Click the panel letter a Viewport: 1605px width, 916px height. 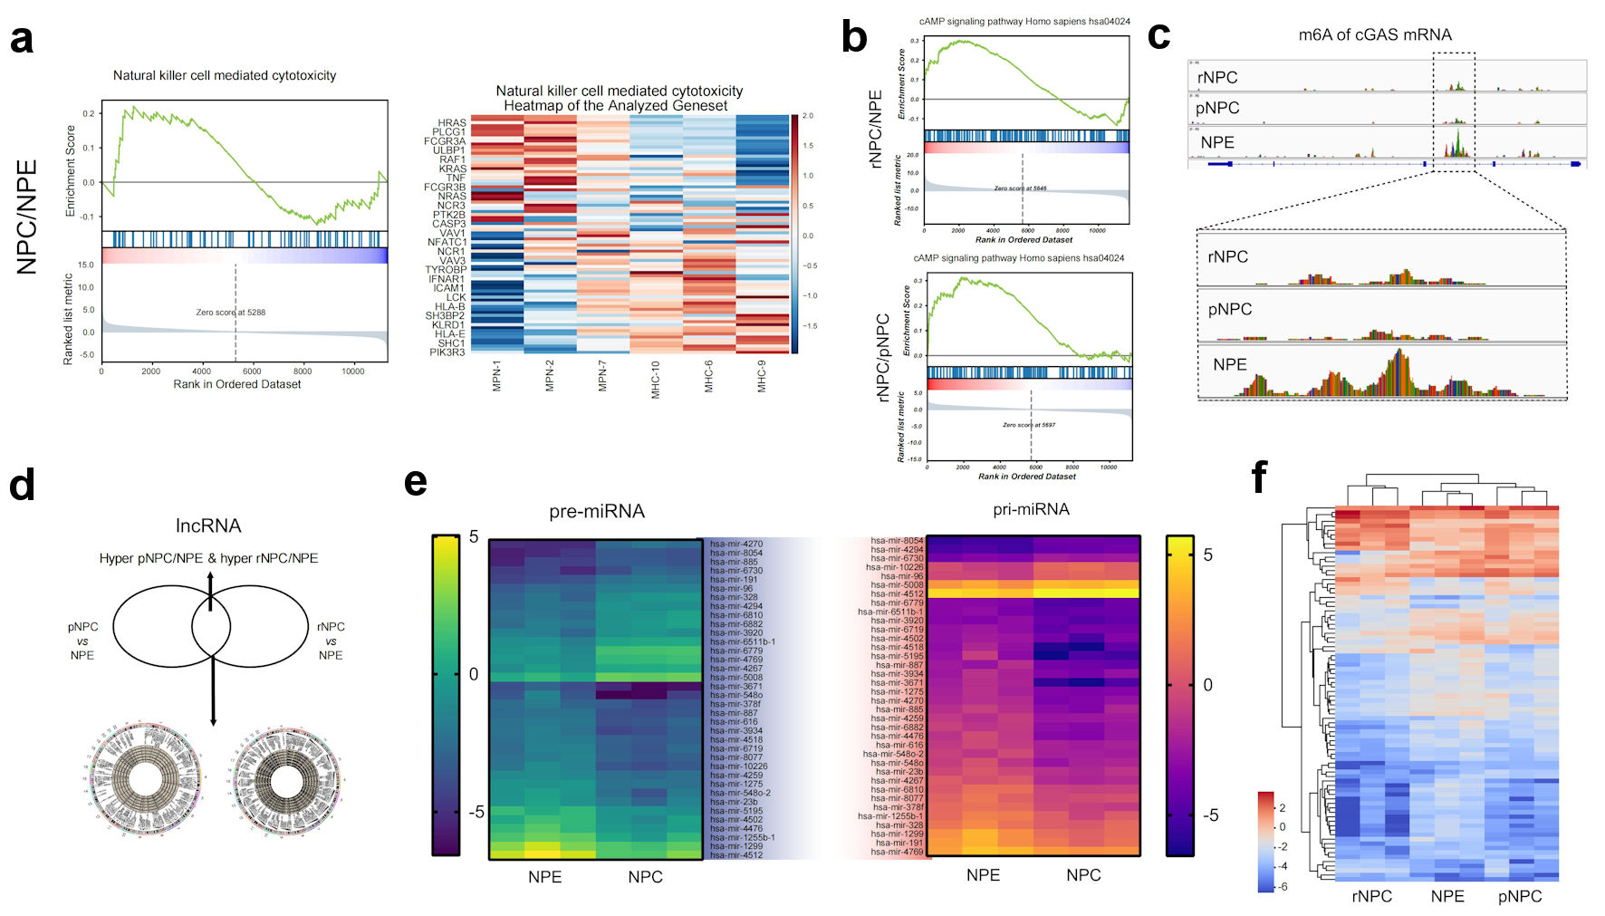(22, 40)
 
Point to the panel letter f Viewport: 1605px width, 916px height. (1259, 477)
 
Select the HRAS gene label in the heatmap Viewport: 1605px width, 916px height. (452, 123)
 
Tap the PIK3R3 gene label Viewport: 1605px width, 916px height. (447, 352)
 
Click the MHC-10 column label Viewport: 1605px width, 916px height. (655, 379)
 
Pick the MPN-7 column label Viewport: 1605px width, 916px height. (602, 375)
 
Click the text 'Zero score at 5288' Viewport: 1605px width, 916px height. (231, 313)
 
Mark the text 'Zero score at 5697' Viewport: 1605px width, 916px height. (1029, 425)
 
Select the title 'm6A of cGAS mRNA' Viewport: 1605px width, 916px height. (1374, 35)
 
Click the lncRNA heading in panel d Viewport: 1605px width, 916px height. (208, 526)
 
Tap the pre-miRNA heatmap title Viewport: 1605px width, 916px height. (597, 512)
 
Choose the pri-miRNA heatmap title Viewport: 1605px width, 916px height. (1031, 509)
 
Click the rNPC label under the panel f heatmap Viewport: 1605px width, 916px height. (1371, 896)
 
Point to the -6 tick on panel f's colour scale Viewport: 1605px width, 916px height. (1282, 887)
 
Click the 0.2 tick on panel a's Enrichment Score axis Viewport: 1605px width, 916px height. (89, 114)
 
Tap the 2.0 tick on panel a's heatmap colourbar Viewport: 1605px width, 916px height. (808, 116)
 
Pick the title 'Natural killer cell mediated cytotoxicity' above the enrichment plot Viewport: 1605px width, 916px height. (225, 76)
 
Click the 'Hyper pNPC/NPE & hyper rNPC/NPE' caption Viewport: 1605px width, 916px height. (208, 558)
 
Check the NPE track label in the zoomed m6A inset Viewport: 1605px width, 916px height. (1229, 365)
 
